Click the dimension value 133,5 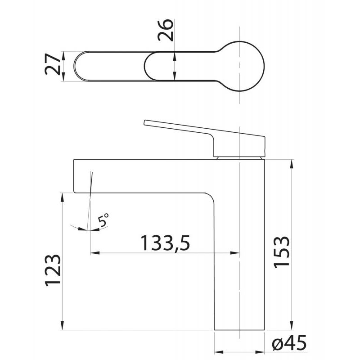[165, 243]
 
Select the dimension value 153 [282, 252]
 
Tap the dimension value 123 [53, 270]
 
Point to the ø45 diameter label [289, 342]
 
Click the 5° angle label [103, 220]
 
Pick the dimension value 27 [53, 64]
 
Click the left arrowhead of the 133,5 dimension [95, 253]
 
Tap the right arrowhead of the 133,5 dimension [234, 253]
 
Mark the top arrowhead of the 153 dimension [292, 164]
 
